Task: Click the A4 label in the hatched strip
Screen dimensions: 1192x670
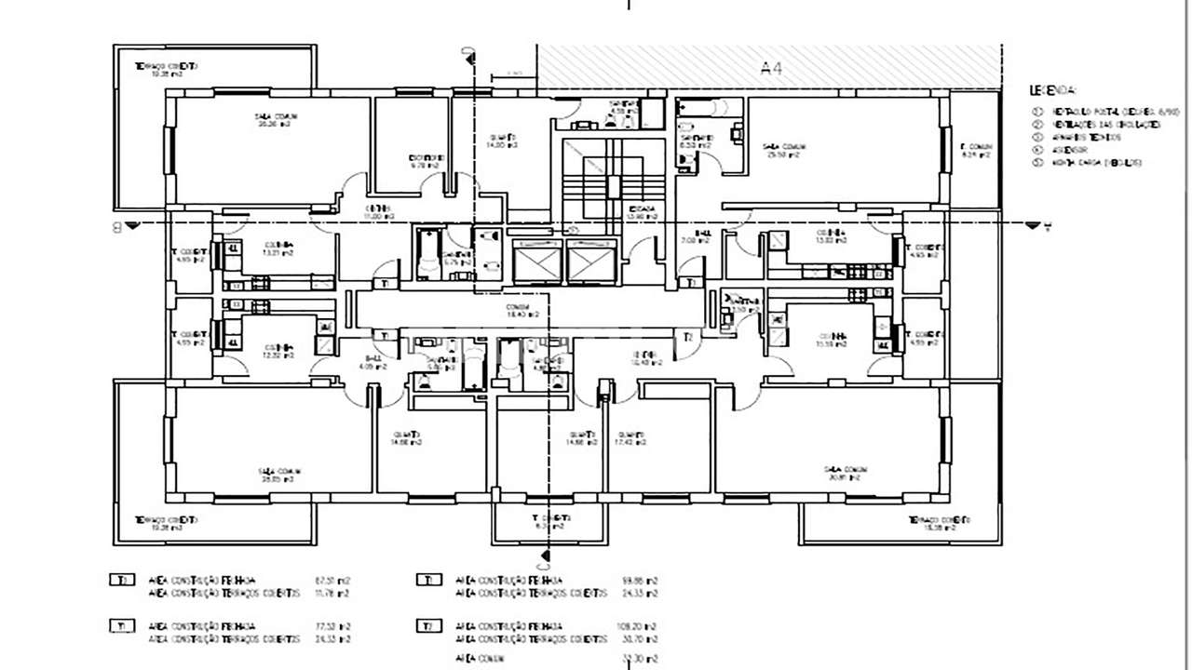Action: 771,67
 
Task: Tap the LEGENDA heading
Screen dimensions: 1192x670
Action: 1053,91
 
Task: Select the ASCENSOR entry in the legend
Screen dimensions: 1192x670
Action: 1071,149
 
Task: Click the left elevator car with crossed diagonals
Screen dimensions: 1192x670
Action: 537,261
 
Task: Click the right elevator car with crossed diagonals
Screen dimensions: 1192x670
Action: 592,261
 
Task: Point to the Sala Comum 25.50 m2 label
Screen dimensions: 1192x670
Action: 783,150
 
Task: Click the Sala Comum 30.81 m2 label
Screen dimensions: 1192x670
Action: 845,475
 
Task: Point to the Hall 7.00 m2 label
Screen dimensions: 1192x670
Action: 702,236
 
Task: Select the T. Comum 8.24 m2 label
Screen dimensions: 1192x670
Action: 975,152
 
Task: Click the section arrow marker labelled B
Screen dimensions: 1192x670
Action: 126,225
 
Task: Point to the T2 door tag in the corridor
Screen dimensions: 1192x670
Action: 688,337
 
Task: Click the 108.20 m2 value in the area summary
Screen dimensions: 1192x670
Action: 643,625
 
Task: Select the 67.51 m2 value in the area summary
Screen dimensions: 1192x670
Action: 336,580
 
